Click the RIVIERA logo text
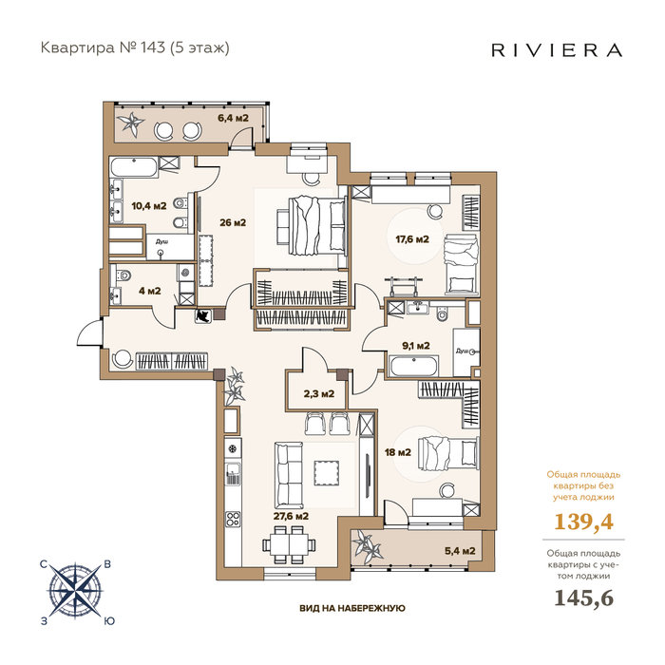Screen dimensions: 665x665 coord(557,50)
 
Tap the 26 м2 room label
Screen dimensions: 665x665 coord(233,222)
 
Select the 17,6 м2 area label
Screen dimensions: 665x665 coord(412,239)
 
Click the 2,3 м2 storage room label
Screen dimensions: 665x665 coord(319,393)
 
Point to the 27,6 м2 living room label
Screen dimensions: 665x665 coord(291,516)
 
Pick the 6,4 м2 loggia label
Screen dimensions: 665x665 coord(233,118)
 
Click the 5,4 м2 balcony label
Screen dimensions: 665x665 coord(460,551)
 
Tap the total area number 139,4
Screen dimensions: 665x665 coord(583,522)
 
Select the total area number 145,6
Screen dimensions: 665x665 coord(584,598)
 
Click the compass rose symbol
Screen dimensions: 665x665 coord(75,590)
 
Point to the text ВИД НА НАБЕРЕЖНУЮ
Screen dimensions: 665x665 coord(352,608)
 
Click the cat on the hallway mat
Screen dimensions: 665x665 coord(202,315)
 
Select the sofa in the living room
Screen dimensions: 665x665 coord(289,475)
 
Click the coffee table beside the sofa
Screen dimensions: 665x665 coord(326,473)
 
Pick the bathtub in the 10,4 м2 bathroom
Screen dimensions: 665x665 coord(134,167)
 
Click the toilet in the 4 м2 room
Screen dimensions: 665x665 coord(123,276)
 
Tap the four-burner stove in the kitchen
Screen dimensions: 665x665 coord(233,519)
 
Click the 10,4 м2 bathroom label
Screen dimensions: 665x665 coord(149,206)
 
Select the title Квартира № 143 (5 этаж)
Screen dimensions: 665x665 coord(135,47)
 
